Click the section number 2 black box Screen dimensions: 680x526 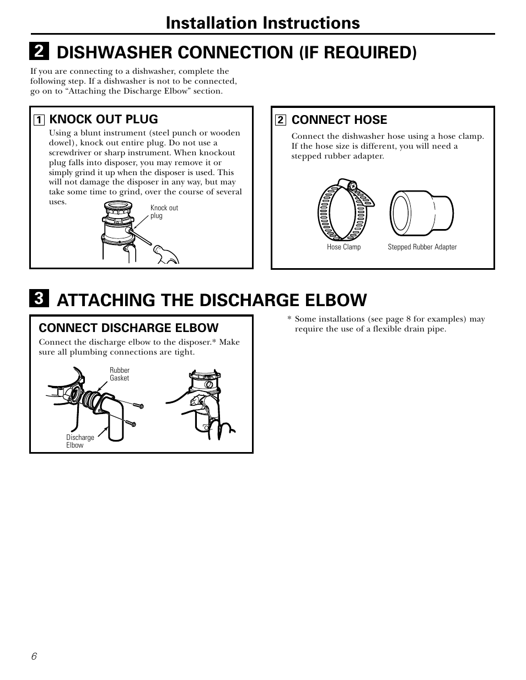[x=38, y=51]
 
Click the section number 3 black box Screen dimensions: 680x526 [x=38, y=300]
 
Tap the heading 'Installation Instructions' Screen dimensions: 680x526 [x=262, y=23]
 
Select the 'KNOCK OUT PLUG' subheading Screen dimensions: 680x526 [x=104, y=119]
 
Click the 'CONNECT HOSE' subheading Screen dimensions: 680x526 [x=339, y=119]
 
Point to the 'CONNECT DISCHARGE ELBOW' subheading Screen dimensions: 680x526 [x=128, y=328]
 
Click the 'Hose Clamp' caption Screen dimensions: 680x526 [x=343, y=247]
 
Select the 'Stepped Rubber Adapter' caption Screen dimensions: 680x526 [x=422, y=247]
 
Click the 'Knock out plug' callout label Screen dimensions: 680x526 [x=164, y=212]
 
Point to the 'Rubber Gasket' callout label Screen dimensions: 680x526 [x=119, y=374]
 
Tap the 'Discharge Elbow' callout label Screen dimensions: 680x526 [x=80, y=441]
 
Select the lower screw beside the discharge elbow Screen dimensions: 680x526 [x=131, y=423]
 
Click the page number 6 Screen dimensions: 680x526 [x=34, y=656]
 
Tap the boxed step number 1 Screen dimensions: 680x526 [x=39, y=119]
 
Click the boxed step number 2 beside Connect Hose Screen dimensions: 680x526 [x=281, y=120]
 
